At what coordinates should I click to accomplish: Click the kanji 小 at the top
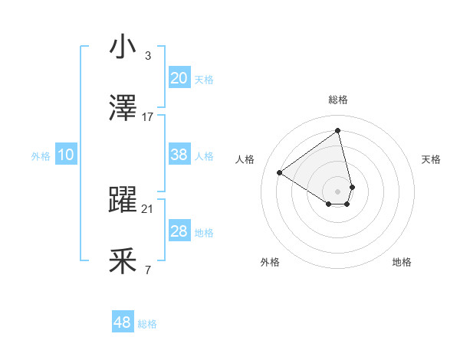coord(123,47)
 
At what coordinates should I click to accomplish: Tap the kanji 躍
coord(123,200)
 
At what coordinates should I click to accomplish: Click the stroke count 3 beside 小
coord(147,55)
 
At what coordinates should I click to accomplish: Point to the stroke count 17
coord(148,116)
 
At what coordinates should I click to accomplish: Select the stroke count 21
coord(148,208)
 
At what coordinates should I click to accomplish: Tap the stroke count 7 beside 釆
coord(147,270)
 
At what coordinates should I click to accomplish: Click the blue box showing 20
coord(179,78)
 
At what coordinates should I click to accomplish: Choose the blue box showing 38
coord(179,155)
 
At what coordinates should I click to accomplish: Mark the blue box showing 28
coord(179,231)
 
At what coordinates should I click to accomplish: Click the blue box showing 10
coord(65,155)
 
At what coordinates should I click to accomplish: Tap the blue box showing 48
coord(122,322)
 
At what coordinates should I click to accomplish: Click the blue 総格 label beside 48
coord(147,324)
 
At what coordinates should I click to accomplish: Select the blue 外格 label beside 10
coord(41,156)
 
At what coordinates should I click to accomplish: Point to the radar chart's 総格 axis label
coord(338,100)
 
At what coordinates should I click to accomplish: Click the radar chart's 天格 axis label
coord(431,159)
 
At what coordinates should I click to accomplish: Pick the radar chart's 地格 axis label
coord(402,262)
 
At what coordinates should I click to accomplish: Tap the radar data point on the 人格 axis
coord(280,172)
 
